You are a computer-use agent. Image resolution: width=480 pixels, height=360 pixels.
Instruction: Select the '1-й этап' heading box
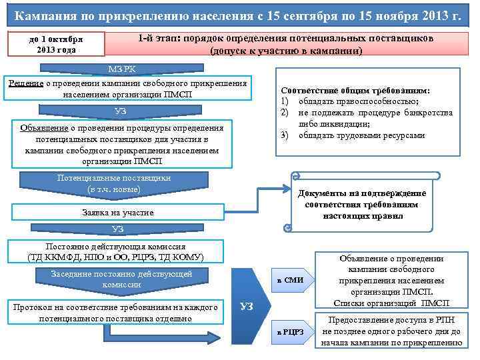[x=286, y=45]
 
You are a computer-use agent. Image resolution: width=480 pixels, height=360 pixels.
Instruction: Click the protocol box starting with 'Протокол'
[x=111, y=313]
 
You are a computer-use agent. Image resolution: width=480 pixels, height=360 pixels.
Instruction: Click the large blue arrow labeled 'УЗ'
[x=246, y=306]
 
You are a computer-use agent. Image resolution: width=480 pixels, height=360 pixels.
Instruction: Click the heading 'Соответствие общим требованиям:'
[x=355, y=91]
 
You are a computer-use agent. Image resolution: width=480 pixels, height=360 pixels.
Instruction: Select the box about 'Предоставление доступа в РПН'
[x=391, y=331]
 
